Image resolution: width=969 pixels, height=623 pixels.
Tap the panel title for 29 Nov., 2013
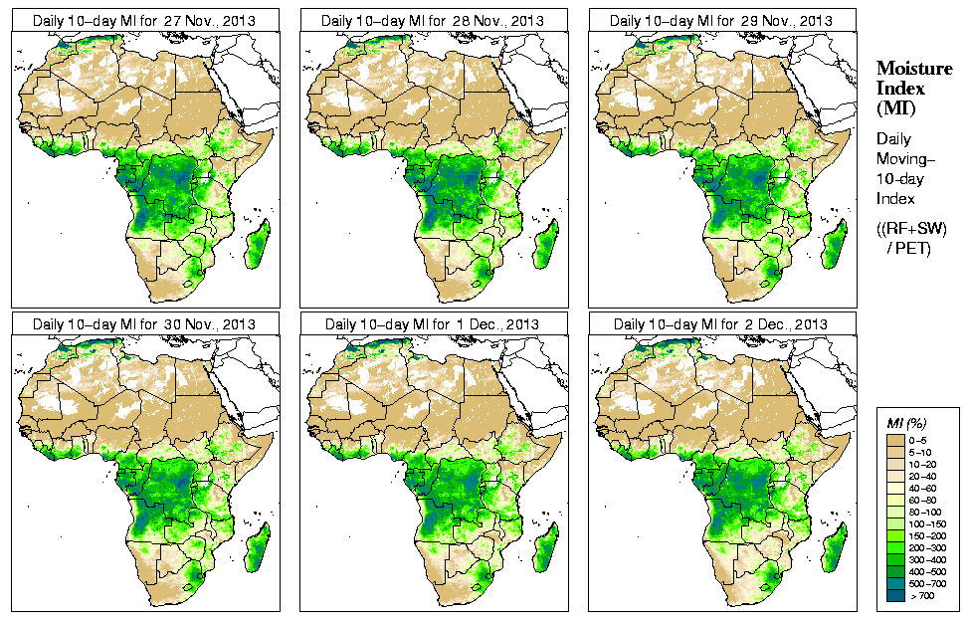(721, 20)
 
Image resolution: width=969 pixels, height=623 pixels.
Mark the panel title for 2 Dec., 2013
(721, 324)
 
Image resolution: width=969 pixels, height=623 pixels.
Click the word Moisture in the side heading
(913, 68)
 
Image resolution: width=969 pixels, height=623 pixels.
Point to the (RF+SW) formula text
(912, 229)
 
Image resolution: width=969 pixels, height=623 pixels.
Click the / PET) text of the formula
(908, 248)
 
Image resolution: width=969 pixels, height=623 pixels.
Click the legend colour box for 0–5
(893, 439)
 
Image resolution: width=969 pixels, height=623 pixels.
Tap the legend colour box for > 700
(893, 594)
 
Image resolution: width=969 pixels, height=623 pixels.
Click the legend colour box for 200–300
(893, 546)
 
